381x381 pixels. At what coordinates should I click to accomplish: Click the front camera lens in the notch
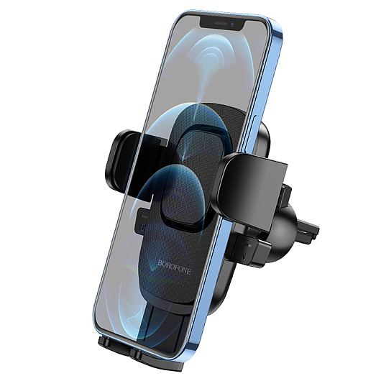[232, 24]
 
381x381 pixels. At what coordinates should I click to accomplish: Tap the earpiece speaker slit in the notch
[221, 24]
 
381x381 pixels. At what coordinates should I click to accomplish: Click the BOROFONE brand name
[174, 267]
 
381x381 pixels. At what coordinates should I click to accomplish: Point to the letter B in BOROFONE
[160, 262]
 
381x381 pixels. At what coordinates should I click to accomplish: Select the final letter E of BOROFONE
[188, 272]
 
